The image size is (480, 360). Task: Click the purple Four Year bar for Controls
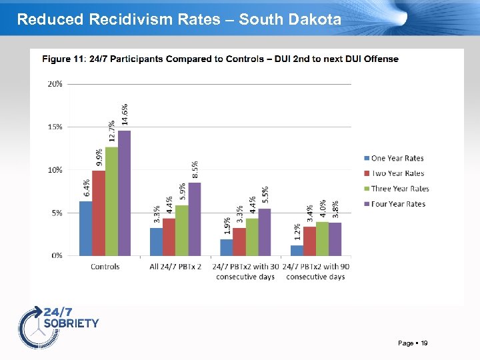[125, 193]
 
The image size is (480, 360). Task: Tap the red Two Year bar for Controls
[99, 213]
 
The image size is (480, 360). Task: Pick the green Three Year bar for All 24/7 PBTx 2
[182, 231]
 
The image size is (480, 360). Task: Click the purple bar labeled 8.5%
[195, 219]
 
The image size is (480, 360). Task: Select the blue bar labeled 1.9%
[227, 247]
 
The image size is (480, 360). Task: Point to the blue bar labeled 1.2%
[297, 251]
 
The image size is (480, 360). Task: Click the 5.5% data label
[265, 195]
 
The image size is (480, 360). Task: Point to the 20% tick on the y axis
[55, 84]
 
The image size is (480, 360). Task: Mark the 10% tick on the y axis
[55, 170]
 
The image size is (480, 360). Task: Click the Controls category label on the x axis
[105, 267]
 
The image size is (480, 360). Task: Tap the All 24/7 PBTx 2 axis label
[175, 267]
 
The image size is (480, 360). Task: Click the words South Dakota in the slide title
[290, 19]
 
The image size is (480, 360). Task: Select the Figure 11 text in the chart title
[64, 59]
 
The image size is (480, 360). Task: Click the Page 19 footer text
[413, 343]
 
